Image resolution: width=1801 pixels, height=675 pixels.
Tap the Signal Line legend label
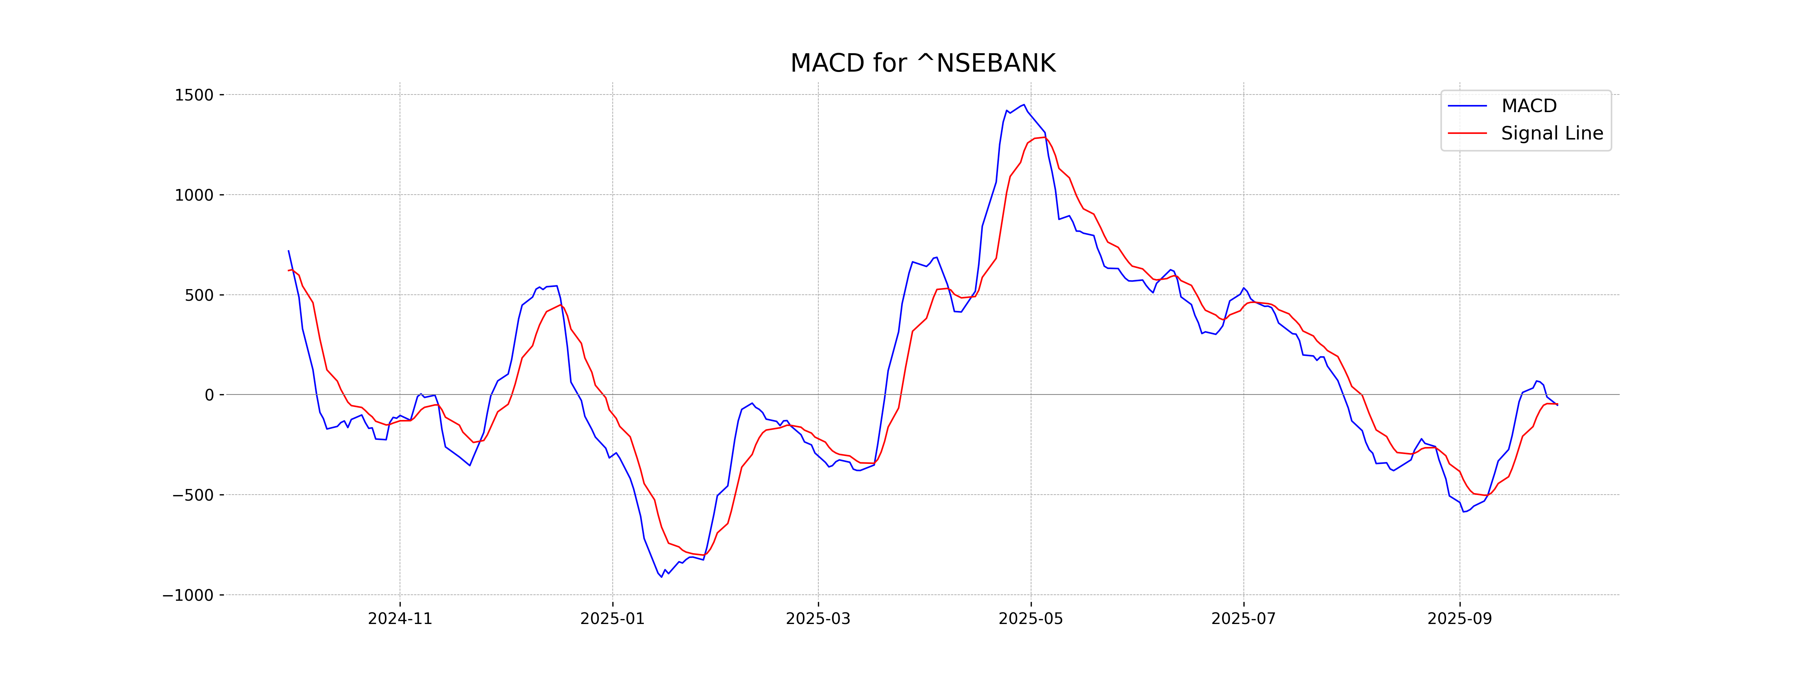(x=1551, y=133)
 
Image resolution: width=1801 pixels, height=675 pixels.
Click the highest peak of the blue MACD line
(x=1024, y=105)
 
